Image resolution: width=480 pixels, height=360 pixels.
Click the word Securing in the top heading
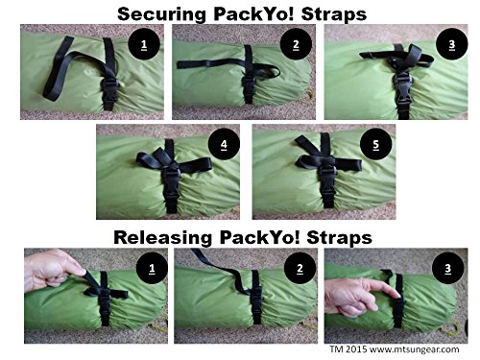pos(161,14)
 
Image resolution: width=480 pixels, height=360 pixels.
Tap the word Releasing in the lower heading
pos(162,238)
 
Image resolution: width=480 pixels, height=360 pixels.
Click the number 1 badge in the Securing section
pos(144,44)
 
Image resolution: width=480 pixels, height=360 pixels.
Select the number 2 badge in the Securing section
pos(296,44)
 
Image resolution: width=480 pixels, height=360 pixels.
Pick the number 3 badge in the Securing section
pos(452,44)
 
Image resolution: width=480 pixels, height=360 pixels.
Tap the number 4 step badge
pos(224,144)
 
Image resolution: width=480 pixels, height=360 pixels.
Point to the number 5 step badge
pos(376,144)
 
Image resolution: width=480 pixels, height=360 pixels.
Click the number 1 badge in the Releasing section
pos(152,268)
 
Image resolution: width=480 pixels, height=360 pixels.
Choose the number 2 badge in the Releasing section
pos(300,268)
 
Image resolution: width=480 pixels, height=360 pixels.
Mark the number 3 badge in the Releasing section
pos(448,268)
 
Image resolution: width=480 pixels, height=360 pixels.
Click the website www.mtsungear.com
pos(415,349)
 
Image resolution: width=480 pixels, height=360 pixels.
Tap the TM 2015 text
pos(348,348)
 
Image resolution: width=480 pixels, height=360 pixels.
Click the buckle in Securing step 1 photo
pos(110,93)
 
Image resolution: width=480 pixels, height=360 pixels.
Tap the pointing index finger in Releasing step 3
pos(385,288)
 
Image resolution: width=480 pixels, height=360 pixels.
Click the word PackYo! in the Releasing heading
pos(259,238)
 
